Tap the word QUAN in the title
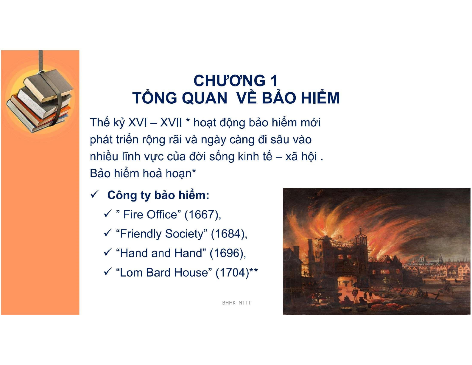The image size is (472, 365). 204,98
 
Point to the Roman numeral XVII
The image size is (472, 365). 171,123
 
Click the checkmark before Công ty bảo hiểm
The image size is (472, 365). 95,194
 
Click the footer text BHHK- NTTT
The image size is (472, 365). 236,303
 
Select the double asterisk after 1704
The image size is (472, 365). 254,270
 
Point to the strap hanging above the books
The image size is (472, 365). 40,61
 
